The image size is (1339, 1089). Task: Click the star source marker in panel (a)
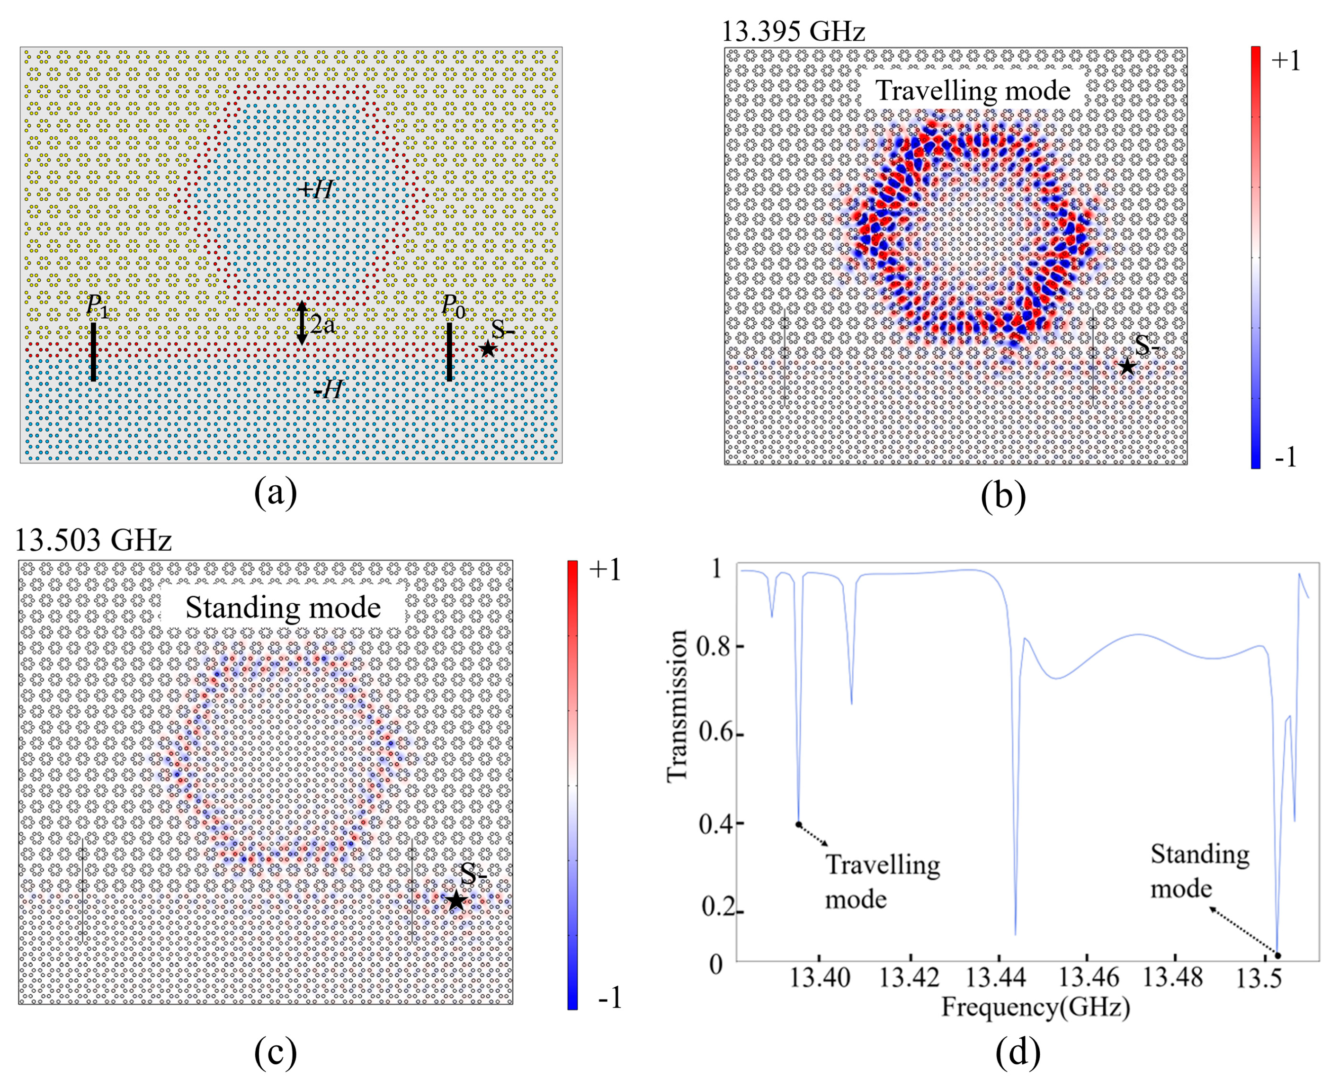(x=487, y=349)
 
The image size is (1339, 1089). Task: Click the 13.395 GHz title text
(x=794, y=31)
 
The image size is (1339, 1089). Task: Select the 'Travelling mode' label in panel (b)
(x=973, y=90)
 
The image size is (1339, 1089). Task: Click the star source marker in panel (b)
(x=1127, y=366)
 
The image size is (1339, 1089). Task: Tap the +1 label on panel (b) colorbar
(x=1285, y=61)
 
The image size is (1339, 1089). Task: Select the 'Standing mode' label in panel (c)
(x=283, y=607)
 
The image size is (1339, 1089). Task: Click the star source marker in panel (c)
(x=456, y=902)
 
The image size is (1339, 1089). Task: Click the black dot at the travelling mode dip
(x=798, y=824)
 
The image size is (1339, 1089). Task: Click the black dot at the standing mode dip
(x=1277, y=955)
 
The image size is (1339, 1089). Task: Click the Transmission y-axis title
(x=678, y=705)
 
